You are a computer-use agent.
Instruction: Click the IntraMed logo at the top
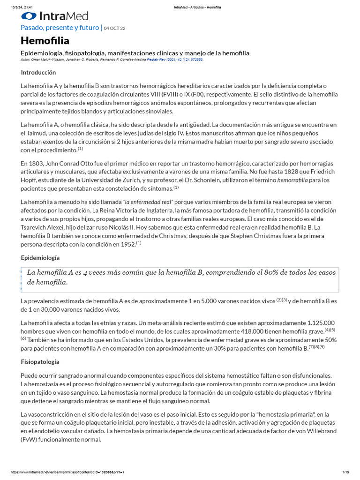tap(54, 16)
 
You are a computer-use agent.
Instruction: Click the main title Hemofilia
tap(45, 41)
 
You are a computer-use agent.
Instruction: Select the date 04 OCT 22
tap(114, 29)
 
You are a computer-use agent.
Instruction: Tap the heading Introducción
tap(38, 72)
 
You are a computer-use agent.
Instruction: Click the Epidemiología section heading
tap(40, 258)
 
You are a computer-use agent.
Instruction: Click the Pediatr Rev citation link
tap(175, 60)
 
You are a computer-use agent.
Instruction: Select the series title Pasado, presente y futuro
tap(60, 28)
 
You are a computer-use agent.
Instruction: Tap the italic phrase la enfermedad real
tap(148, 201)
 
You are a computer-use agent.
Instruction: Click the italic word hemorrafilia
tap(292, 180)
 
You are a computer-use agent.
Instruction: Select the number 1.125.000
tap(321, 323)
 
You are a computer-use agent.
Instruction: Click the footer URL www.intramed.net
tap(66, 472)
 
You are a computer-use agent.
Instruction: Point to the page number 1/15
tap(346, 472)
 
